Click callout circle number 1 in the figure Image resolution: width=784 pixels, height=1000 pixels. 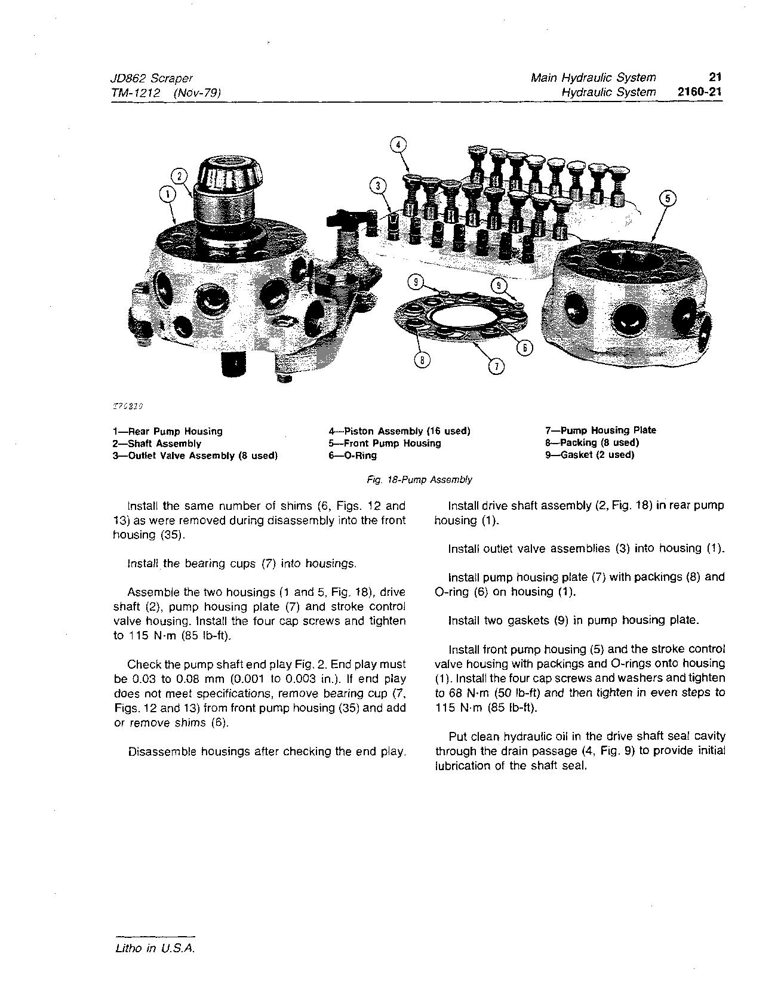(168, 193)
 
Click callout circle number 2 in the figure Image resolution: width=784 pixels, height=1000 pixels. (180, 176)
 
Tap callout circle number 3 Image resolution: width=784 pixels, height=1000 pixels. (377, 186)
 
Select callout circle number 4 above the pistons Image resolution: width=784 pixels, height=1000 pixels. (398, 145)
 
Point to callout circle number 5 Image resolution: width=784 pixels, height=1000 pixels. (667, 199)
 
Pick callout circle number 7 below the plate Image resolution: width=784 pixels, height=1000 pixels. (496, 366)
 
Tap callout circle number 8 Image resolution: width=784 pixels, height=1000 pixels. (422, 359)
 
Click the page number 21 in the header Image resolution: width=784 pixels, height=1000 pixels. (715, 77)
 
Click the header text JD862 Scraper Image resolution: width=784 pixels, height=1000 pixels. (152, 78)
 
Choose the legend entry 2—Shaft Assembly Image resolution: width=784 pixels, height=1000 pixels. (157, 444)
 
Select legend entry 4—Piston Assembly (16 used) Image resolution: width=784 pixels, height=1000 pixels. (399, 431)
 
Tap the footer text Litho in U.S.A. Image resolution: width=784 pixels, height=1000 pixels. (155, 949)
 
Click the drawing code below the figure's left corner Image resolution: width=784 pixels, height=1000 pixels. (127, 405)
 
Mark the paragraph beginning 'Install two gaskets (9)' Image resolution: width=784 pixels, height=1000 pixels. (573, 620)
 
